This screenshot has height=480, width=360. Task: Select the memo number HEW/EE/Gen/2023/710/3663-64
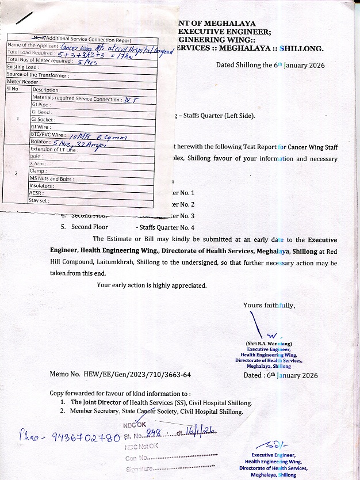click(120, 375)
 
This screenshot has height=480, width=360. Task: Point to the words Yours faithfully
click(269, 305)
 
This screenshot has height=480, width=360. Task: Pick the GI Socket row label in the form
click(43, 120)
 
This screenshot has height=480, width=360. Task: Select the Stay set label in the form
click(39, 201)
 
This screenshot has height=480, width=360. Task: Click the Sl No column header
click(13, 89)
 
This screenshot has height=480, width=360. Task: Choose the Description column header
click(45, 90)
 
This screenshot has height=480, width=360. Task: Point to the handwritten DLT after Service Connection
click(131, 99)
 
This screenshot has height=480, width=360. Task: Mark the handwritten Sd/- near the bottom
click(268, 444)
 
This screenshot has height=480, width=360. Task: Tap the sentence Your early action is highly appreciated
click(151, 285)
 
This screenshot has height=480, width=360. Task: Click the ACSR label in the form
click(36, 193)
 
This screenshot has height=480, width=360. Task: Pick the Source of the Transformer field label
click(38, 75)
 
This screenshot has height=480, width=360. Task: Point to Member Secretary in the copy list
click(94, 412)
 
